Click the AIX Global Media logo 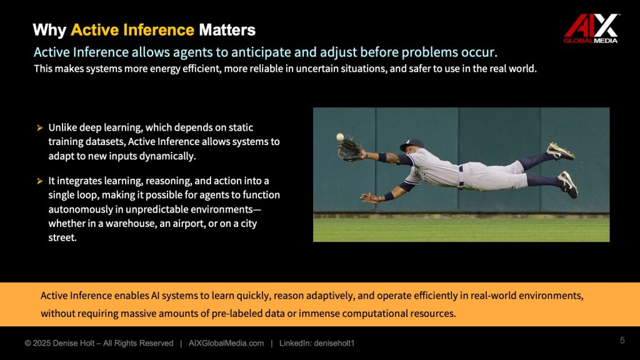591,28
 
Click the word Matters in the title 227,30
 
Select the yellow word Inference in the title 158,30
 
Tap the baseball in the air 340,137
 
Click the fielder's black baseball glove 349,149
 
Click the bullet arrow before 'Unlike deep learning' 39,127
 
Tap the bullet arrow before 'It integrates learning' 39,181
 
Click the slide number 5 622,340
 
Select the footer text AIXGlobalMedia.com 226,343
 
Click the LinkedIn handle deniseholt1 334,343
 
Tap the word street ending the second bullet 62,237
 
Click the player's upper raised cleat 560,151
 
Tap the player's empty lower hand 370,198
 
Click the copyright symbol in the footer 27,343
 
